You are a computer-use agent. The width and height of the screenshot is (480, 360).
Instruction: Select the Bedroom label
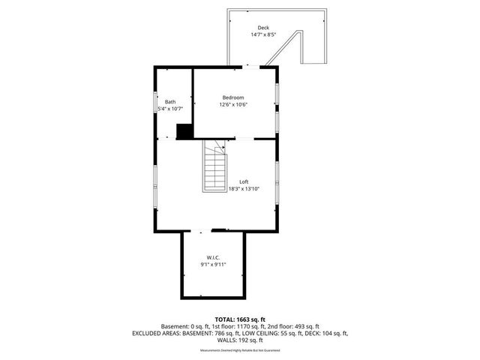(233, 97)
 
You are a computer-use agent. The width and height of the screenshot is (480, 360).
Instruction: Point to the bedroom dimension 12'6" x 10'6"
(233, 105)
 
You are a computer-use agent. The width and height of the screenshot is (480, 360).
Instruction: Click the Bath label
(170, 102)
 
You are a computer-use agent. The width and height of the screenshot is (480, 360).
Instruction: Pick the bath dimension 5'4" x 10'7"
(170, 109)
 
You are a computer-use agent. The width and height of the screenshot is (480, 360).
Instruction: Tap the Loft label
(244, 181)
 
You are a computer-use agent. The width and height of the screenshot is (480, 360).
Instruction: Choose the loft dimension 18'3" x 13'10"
(244, 189)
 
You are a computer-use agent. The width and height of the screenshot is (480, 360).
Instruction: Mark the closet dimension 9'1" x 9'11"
(213, 264)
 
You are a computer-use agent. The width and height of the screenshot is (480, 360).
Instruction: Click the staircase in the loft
(214, 169)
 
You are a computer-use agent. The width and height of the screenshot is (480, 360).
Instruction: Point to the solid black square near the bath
(184, 131)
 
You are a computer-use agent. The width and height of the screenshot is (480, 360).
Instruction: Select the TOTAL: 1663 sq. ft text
(239, 319)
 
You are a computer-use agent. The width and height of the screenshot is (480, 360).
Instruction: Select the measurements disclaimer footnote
(239, 350)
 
